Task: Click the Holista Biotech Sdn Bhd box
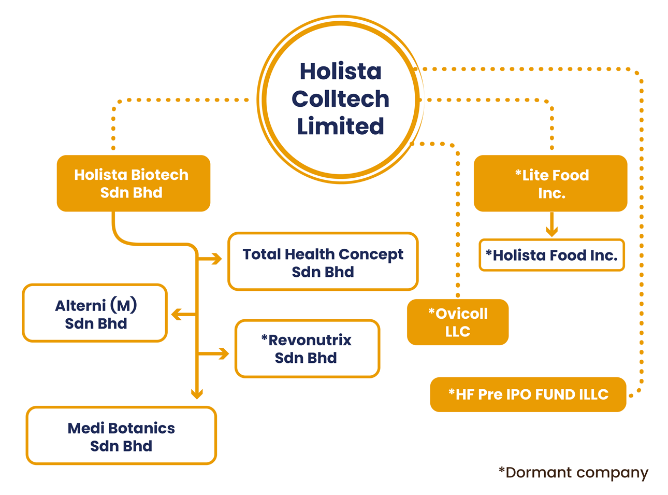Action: pos(133,183)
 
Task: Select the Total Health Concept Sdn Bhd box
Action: pos(323,262)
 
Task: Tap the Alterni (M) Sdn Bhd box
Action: pos(95,313)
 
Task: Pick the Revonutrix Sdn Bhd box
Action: pos(307,348)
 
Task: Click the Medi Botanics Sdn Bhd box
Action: pos(121,436)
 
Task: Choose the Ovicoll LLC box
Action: pos(458,322)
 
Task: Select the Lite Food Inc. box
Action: pos(550,183)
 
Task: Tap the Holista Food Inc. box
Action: pos(551,255)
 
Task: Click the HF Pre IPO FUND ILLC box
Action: pos(528,394)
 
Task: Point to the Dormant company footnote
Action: pos(573,472)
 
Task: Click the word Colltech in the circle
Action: pos(340,98)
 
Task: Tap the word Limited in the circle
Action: pos(340,126)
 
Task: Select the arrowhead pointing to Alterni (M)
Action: pos(176,314)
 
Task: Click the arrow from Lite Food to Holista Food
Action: pos(551,226)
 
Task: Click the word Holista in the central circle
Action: pos(340,71)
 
